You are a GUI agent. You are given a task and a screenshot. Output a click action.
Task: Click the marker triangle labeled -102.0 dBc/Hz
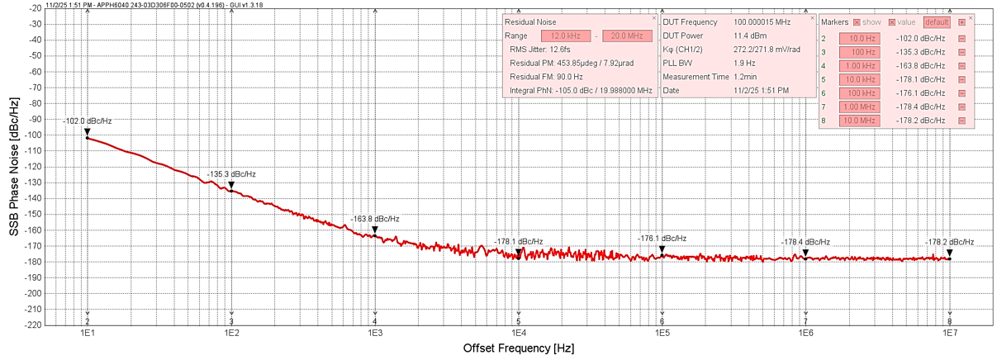[87, 131]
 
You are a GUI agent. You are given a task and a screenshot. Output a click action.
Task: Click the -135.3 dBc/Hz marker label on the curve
[232, 174]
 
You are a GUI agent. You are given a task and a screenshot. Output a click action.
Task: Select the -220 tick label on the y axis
[33, 324]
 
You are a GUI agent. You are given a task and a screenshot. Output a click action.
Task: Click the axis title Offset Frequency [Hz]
[519, 349]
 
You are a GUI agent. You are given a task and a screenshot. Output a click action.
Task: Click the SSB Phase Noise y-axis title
[14, 166]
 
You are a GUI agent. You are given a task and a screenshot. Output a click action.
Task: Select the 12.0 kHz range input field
[565, 36]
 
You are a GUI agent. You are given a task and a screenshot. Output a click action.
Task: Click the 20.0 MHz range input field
[627, 36]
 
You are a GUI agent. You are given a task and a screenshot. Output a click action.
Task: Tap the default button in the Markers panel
[937, 22]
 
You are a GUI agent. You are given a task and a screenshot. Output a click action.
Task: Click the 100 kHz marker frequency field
[859, 93]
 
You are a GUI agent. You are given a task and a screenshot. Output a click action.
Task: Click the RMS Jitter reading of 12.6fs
[535, 50]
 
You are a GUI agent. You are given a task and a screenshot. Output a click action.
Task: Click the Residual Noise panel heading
[530, 22]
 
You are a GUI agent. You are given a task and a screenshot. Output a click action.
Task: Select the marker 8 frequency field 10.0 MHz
[859, 121]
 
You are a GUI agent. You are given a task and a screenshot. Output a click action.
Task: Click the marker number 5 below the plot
[519, 321]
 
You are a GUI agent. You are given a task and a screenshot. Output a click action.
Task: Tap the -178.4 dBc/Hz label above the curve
[805, 242]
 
